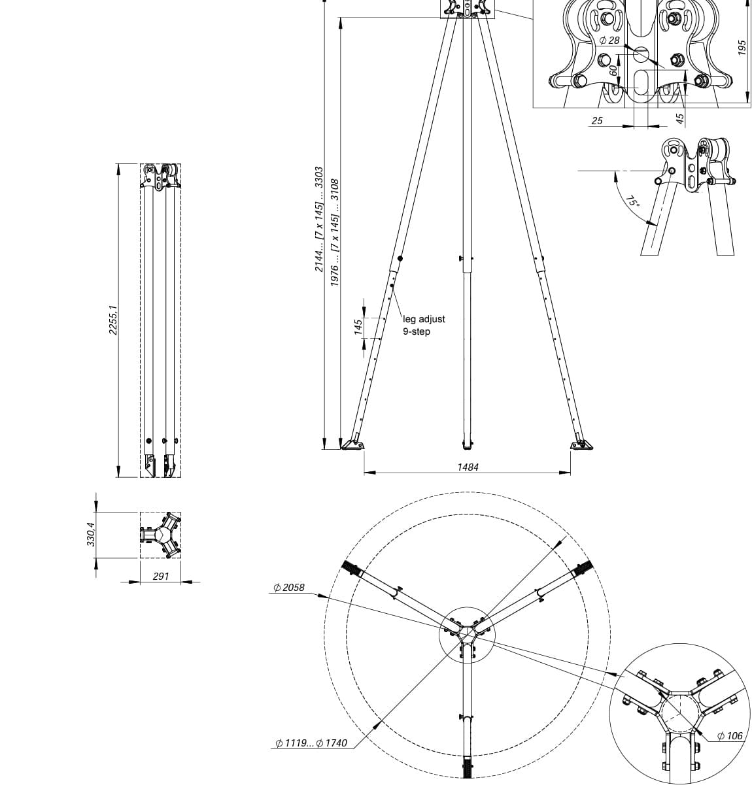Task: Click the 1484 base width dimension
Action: coord(468,467)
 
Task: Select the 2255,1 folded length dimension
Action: coord(113,320)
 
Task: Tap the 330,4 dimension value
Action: coord(92,534)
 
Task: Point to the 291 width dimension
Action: coord(160,576)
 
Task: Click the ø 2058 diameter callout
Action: coord(289,588)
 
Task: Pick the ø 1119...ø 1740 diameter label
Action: coord(311,743)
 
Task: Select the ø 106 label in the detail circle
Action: coord(730,735)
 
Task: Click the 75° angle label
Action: coord(632,201)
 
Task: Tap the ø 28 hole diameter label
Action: coord(609,41)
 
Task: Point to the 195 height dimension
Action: coord(742,47)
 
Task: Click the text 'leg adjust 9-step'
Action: coord(423,325)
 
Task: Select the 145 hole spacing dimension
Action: coord(358,327)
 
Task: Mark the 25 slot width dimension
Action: coord(596,121)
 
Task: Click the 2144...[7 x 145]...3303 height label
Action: coord(319,219)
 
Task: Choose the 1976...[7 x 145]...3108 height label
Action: coord(335,232)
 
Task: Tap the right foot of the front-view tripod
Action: coord(581,445)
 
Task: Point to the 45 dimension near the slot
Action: coord(679,118)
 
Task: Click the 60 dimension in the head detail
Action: coord(613,70)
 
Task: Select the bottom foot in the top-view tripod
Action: coord(467,767)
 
